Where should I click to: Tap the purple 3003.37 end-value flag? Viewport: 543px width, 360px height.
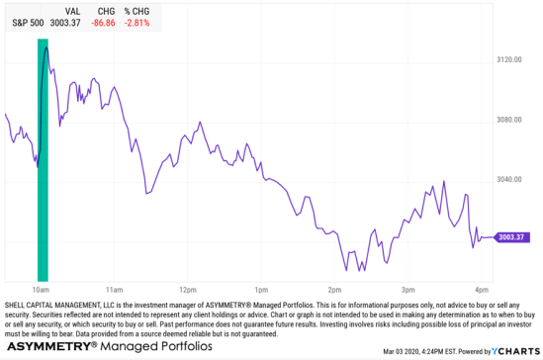pyautogui.click(x=512, y=237)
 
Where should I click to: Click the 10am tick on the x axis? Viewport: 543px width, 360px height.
pyautogui.click(x=42, y=289)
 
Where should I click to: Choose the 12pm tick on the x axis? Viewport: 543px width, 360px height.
pyautogui.click(x=188, y=289)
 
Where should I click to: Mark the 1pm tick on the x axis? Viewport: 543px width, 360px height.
pyautogui.click(x=262, y=289)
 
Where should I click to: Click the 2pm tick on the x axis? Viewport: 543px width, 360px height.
pyautogui.click(x=335, y=289)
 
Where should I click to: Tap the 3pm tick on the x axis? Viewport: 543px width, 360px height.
pyautogui.click(x=408, y=289)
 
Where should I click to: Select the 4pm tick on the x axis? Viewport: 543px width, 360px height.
pyautogui.click(x=482, y=289)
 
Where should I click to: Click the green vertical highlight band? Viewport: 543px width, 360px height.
pyautogui.click(x=43, y=158)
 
